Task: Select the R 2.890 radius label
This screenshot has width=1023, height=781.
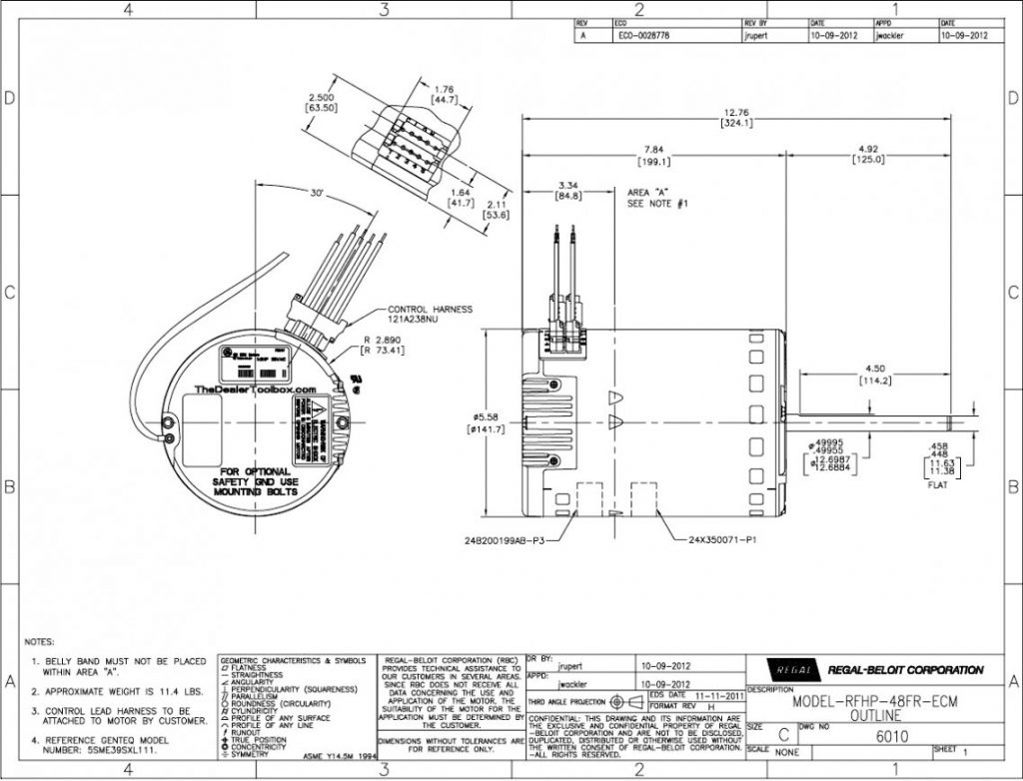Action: pyautogui.click(x=383, y=342)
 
